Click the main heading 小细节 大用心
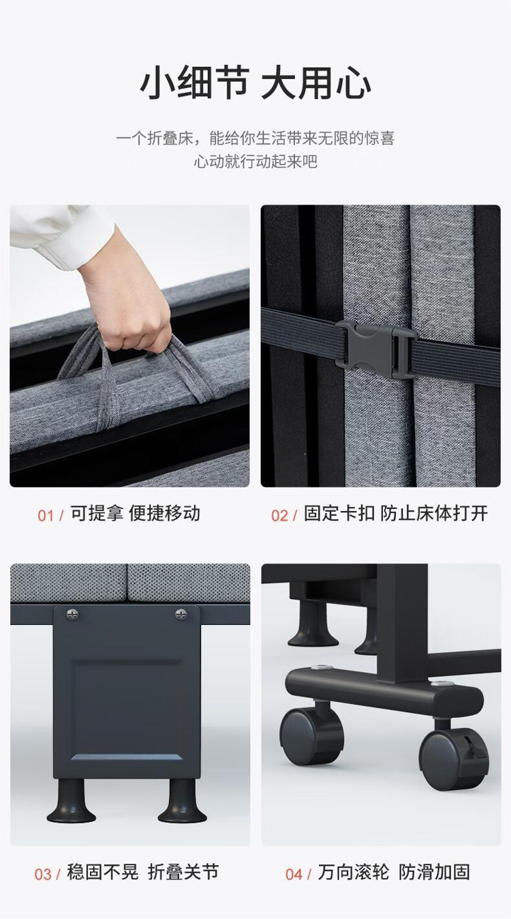255,83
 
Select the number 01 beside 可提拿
46,516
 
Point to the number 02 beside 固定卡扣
279,516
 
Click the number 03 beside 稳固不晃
43,874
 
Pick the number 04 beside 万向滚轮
294,874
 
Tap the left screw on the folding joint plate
72,614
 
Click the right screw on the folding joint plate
181,614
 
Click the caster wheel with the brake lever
454,759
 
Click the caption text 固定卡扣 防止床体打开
396,514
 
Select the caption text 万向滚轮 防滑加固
394,872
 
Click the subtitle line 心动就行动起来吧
255,162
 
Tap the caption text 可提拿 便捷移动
135,514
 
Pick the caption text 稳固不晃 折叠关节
143,872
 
